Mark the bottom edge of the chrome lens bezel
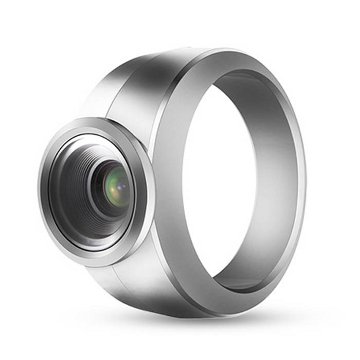(x=100, y=266)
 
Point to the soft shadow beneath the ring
(x=200, y=335)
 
